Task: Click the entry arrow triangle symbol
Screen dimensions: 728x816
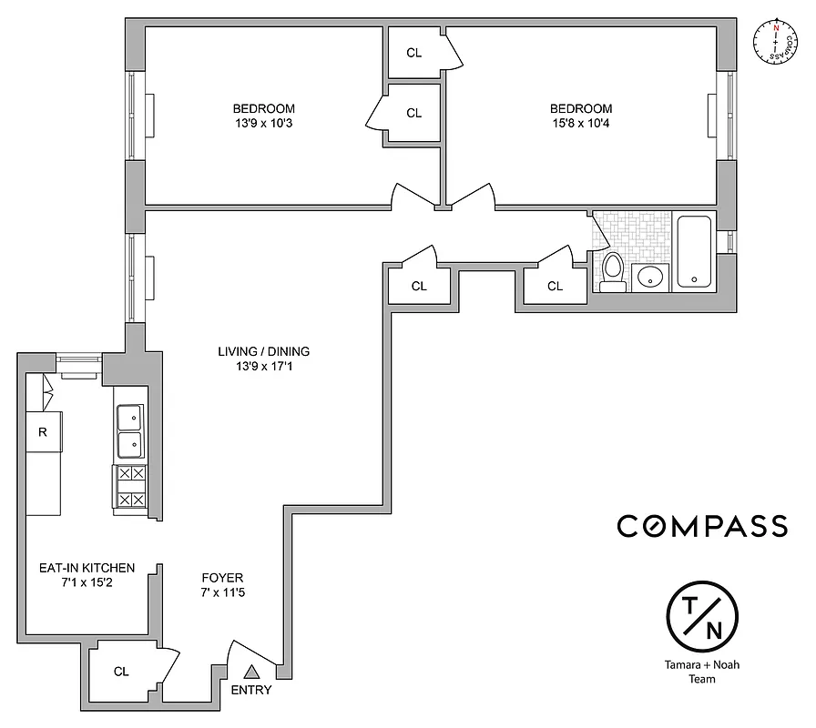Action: tap(251, 672)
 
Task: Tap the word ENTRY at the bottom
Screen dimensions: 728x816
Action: tap(251, 691)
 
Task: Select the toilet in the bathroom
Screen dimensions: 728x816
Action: tap(613, 270)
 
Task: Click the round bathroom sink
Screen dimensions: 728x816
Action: tap(650, 277)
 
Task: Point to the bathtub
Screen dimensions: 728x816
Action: tap(695, 251)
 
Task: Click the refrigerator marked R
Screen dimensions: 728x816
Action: tap(42, 432)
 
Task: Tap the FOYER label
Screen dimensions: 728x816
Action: tap(223, 578)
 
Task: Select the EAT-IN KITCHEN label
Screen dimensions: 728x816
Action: tap(87, 568)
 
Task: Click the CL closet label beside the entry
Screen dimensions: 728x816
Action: tap(121, 672)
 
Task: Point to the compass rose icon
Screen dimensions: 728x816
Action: tap(776, 42)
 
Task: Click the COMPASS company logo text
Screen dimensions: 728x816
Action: tap(702, 526)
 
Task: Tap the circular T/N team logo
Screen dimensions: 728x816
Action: tap(702, 615)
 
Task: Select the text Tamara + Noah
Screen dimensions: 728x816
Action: tap(702, 664)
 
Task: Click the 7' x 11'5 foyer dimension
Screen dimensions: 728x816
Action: tap(223, 593)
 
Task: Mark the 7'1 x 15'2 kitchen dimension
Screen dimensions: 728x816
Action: tap(87, 583)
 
